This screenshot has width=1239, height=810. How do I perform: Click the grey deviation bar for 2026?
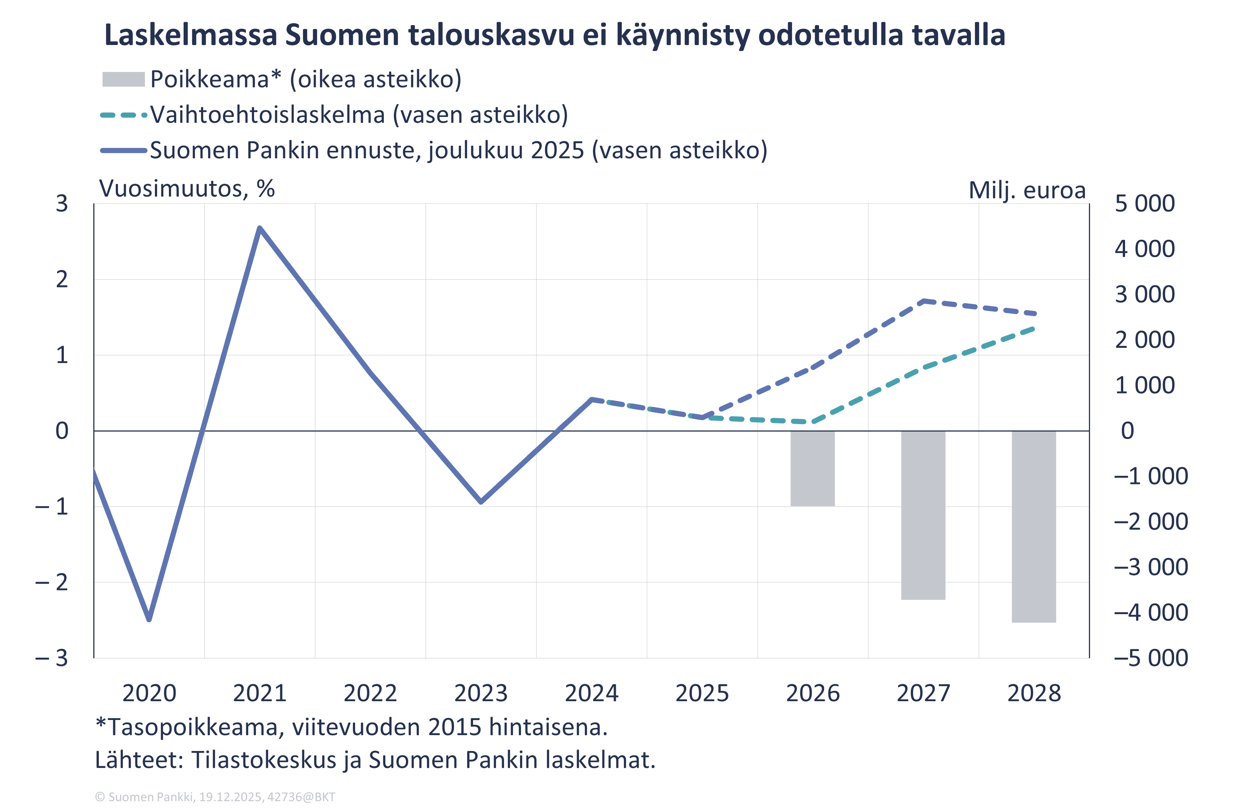(813, 468)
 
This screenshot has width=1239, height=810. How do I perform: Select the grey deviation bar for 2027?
(923, 515)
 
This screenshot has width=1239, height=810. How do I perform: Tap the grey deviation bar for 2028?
(1034, 527)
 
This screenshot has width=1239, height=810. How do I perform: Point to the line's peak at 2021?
(260, 228)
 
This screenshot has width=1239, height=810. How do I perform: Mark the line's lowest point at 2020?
(149, 619)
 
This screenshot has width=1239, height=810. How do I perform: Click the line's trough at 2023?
(481, 502)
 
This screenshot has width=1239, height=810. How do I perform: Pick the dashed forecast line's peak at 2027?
(923, 301)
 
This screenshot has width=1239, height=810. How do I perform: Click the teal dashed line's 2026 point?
(813, 422)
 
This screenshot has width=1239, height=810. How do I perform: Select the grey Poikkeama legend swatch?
(124, 80)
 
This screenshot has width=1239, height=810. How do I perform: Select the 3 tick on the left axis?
(62, 204)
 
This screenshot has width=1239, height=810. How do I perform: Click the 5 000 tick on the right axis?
(1144, 204)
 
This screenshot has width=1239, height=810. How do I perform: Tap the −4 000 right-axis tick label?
(1151, 613)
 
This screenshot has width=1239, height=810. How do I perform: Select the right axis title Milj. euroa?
(1027, 190)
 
